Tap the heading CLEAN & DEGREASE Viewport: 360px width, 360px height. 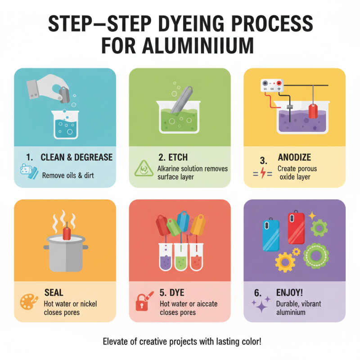(76, 157)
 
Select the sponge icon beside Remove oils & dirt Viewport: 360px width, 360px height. (27, 173)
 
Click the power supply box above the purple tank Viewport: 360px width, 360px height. (272, 86)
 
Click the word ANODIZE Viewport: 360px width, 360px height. (294, 157)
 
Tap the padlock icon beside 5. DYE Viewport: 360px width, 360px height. (143, 302)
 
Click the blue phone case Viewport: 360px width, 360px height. (270, 234)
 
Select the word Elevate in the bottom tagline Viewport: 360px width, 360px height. (117, 341)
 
